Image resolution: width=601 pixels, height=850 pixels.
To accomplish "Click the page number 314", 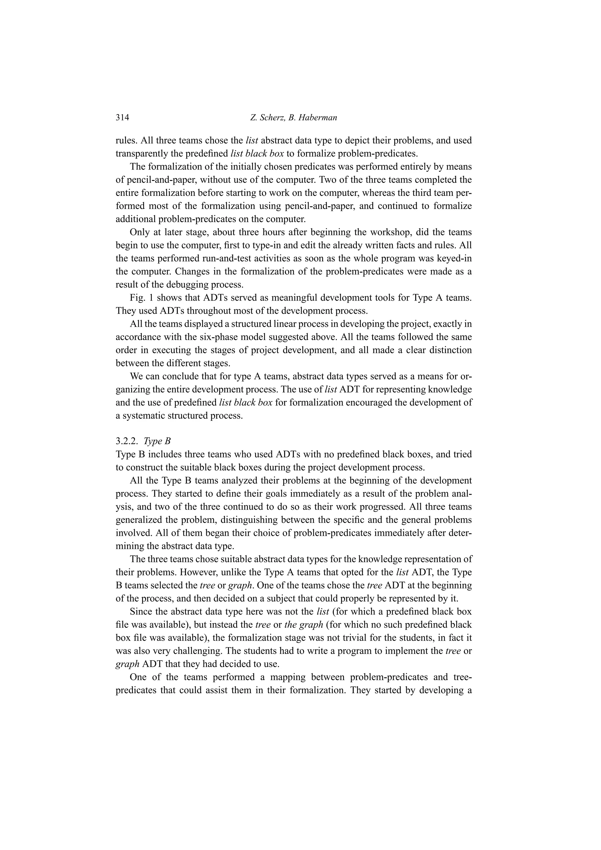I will coord(122,118).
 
